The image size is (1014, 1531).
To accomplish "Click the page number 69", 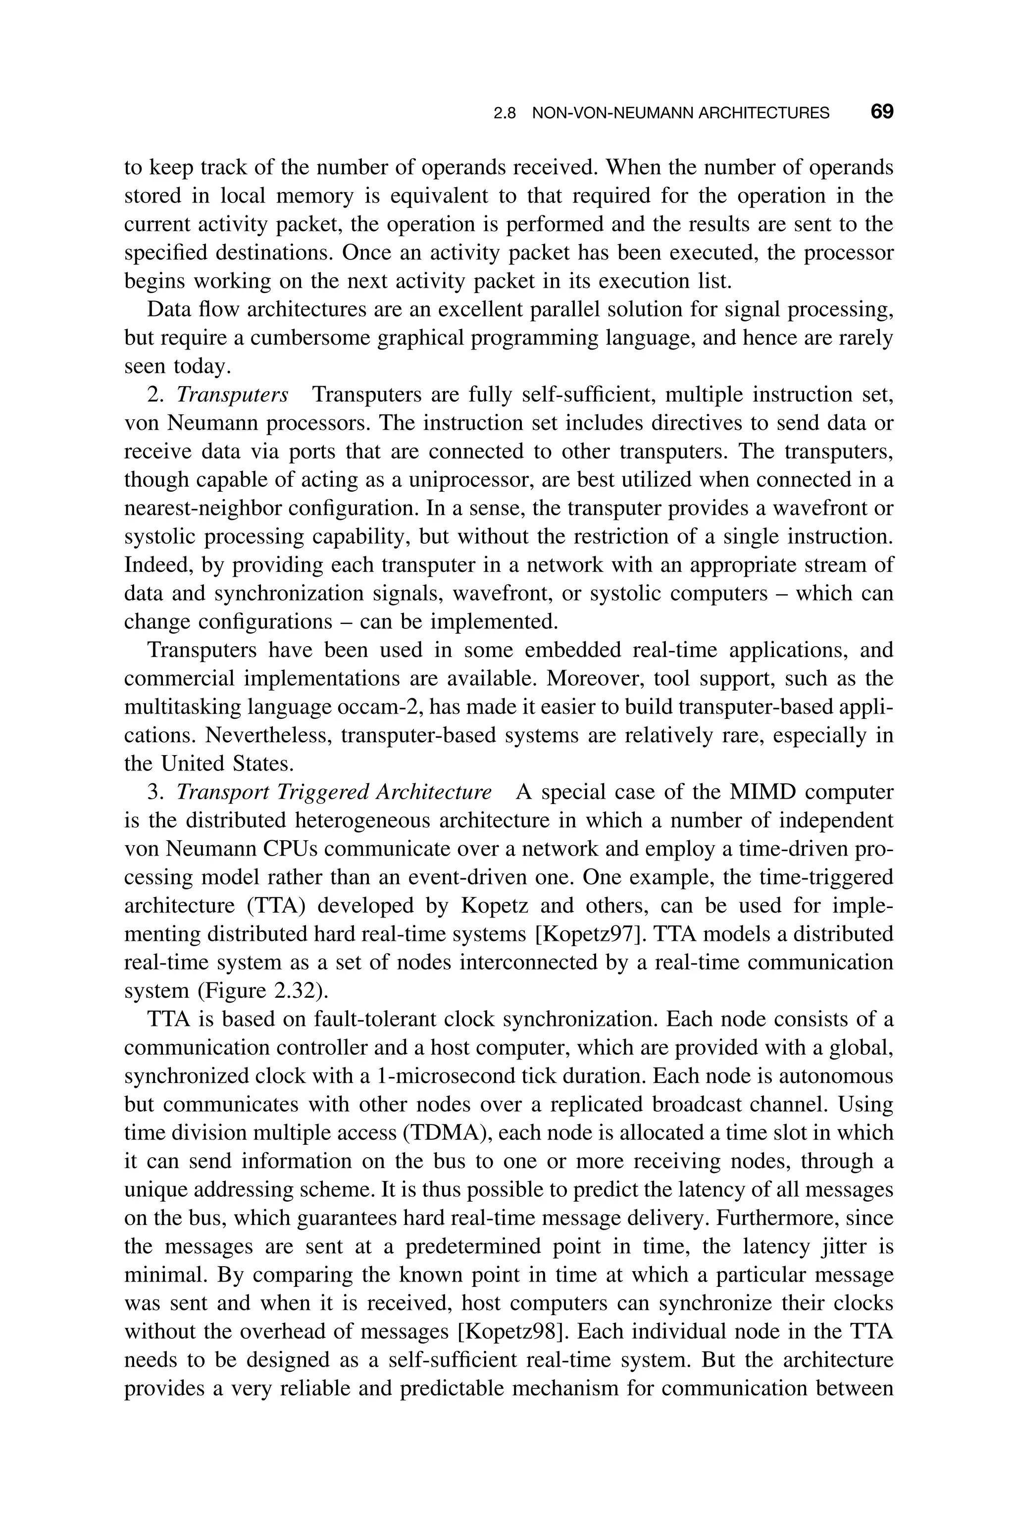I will pyautogui.click(x=881, y=112).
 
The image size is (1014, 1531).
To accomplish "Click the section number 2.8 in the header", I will pyautogui.click(x=505, y=113).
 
